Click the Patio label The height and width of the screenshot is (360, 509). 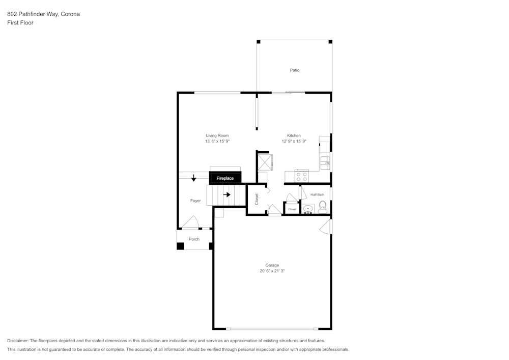tap(295, 70)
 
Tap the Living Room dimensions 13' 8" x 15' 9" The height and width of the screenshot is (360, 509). tap(217, 142)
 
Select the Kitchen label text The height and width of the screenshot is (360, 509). tap(294, 135)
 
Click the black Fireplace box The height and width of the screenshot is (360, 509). tap(225, 178)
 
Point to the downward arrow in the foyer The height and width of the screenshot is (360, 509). tap(194, 178)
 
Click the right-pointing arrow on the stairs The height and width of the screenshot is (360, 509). tap(227, 195)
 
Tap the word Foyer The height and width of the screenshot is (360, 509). tap(195, 201)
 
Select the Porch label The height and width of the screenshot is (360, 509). tap(194, 239)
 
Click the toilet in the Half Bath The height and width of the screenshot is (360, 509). tap(322, 207)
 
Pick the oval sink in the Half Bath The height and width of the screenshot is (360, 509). tap(308, 209)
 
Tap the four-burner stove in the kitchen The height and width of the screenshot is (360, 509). tap(301, 176)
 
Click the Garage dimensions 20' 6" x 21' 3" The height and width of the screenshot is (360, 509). tap(272, 271)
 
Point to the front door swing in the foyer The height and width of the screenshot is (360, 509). tap(190, 223)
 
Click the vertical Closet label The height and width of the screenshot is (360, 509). tap(257, 199)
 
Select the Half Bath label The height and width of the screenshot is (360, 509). tap(317, 195)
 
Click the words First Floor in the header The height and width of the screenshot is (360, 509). tap(20, 23)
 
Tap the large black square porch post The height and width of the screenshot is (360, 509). tap(180, 246)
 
